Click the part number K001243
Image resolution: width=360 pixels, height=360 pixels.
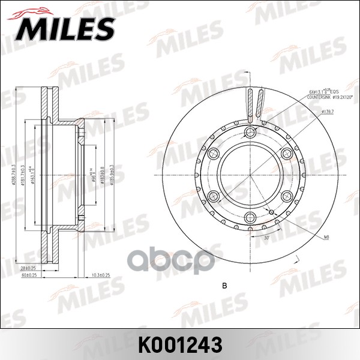coord(180,344)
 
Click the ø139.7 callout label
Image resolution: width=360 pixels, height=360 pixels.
coord(328,111)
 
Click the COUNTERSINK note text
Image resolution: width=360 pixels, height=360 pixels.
coord(317,96)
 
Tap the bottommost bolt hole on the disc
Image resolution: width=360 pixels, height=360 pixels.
coord(250,217)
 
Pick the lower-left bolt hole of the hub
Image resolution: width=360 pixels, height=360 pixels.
coord(212,196)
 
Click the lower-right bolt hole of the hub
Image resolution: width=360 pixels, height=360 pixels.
coord(286,196)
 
